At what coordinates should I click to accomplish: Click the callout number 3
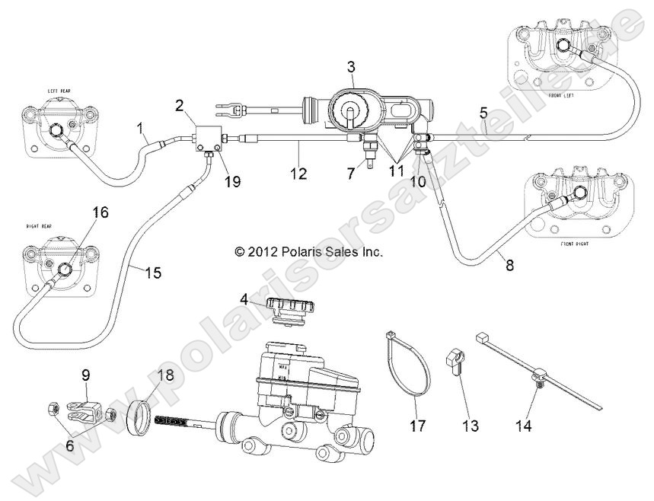click(350, 68)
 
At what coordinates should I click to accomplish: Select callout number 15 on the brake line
click(153, 272)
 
